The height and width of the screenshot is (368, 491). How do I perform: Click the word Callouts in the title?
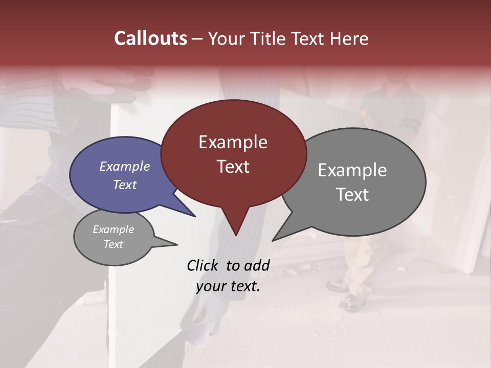pyautogui.click(x=150, y=38)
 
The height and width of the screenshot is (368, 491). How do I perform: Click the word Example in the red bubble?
pyautogui.click(x=233, y=142)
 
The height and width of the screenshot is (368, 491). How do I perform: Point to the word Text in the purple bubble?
pyautogui.click(x=125, y=185)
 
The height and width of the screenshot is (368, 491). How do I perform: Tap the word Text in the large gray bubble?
pyautogui.click(x=352, y=195)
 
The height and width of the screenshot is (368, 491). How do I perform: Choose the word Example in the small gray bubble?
pyautogui.click(x=113, y=229)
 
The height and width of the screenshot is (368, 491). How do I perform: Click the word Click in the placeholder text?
pyautogui.click(x=203, y=265)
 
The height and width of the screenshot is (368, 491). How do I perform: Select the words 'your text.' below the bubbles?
pyautogui.click(x=228, y=286)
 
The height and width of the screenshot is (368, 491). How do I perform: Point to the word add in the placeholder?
pyautogui.click(x=257, y=265)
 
